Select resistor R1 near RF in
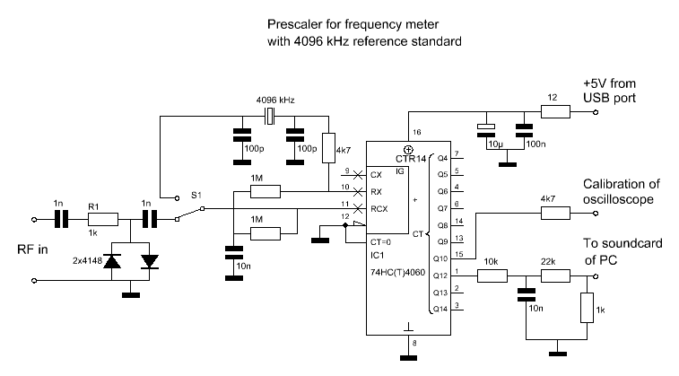click(102, 218)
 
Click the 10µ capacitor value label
click(493, 144)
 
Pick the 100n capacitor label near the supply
click(535, 144)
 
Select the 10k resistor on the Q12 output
click(491, 275)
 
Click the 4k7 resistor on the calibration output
click(553, 214)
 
